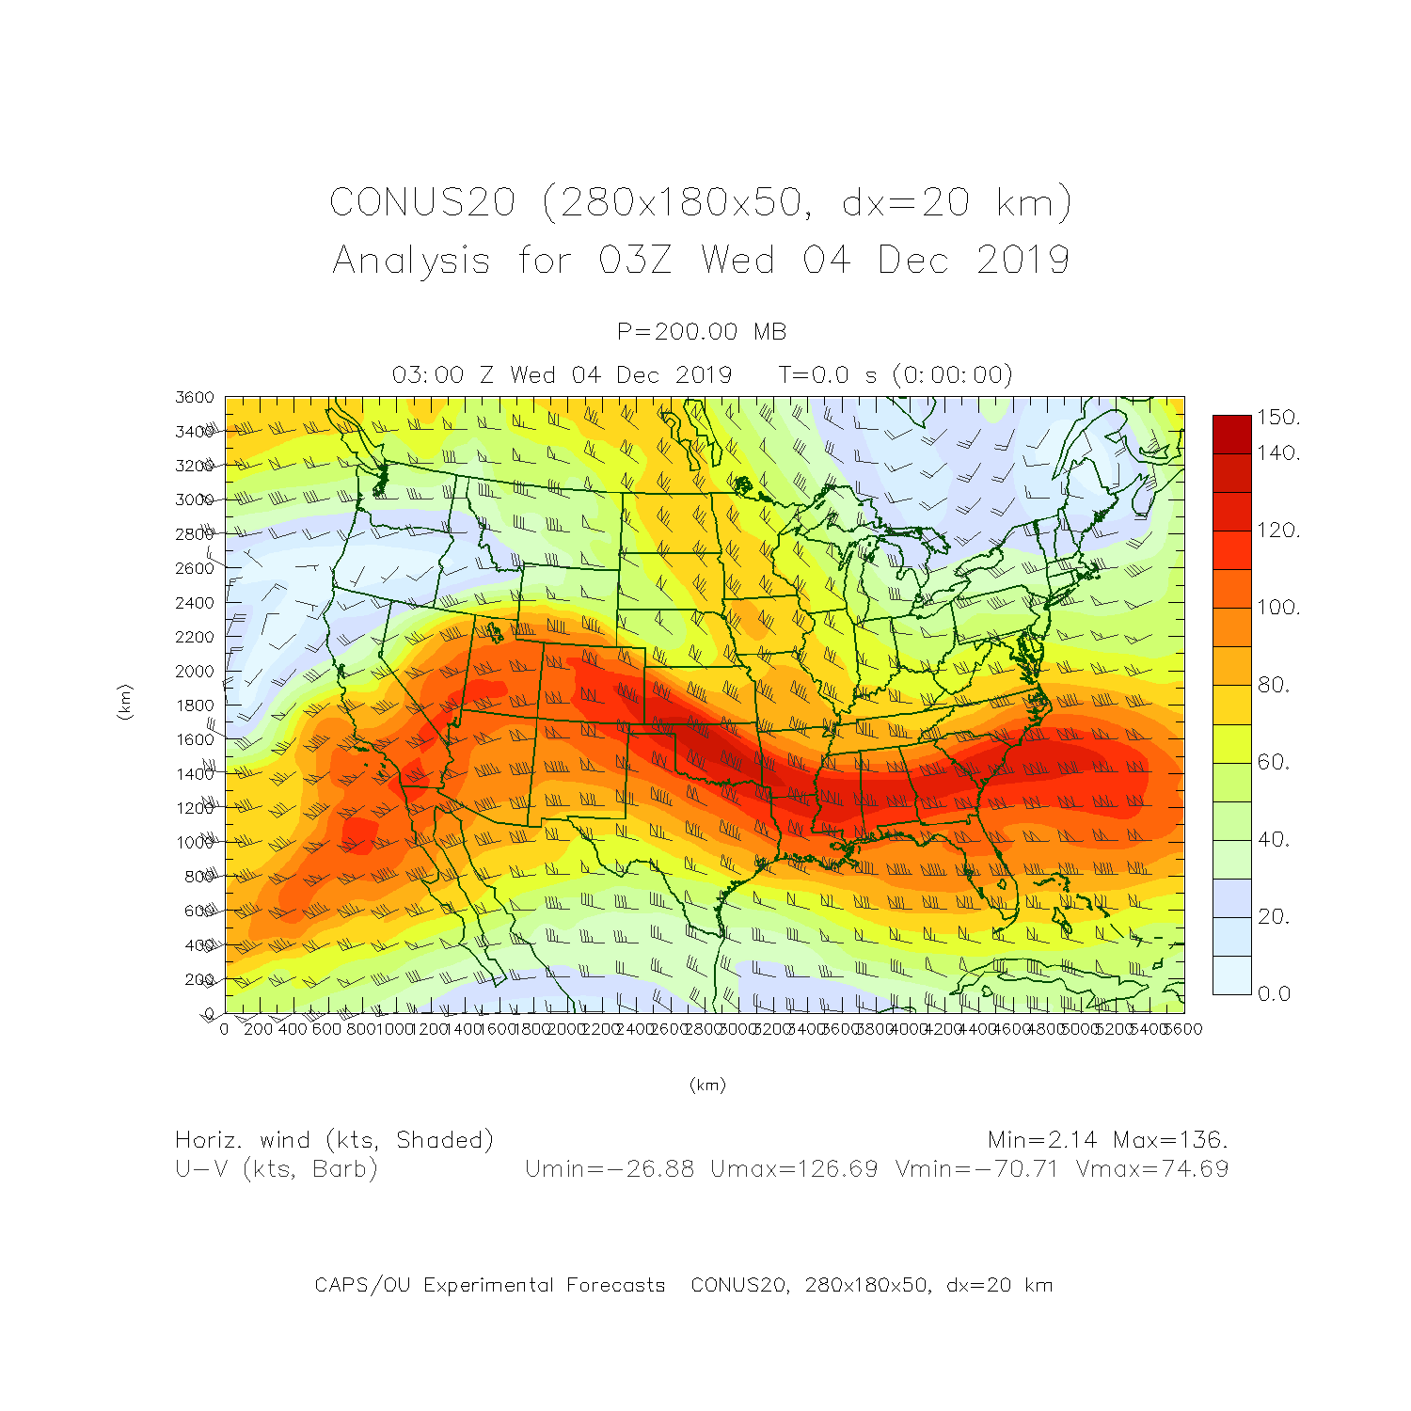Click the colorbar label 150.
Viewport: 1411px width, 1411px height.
pyautogui.click(x=1278, y=418)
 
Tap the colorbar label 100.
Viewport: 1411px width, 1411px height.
pyautogui.click(x=1278, y=608)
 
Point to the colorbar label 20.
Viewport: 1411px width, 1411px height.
pyautogui.click(x=1274, y=916)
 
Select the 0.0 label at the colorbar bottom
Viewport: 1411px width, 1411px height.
pyautogui.click(x=1274, y=993)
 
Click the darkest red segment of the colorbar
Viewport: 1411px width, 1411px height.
pyautogui.click(x=1231, y=435)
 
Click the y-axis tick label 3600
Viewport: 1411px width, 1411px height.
pyautogui.click(x=195, y=397)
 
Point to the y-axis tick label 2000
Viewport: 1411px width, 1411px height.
pyautogui.click(x=195, y=671)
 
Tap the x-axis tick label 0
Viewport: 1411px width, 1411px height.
pyautogui.click(x=224, y=1029)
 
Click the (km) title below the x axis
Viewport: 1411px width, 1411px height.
pyautogui.click(x=707, y=1085)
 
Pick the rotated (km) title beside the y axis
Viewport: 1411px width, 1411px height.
pyautogui.click(x=124, y=703)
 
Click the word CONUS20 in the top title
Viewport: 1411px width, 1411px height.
pyautogui.click(x=422, y=202)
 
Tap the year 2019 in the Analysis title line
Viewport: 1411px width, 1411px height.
pyautogui.click(x=1023, y=260)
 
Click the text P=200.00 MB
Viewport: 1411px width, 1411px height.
pyautogui.click(x=702, y=331)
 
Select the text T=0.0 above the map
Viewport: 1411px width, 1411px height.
pyautogui.click(x=817, y=375)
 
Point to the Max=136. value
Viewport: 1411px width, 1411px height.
pyautogui.click(x=1170, y=1140)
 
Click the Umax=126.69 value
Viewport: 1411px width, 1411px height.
pyautogui.click(x=794, y=1169)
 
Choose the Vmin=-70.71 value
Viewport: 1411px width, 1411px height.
pyautogui.click(x=976, y=1169)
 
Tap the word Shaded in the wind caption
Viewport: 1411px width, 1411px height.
pyautogui.click(x=442, y=1140)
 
